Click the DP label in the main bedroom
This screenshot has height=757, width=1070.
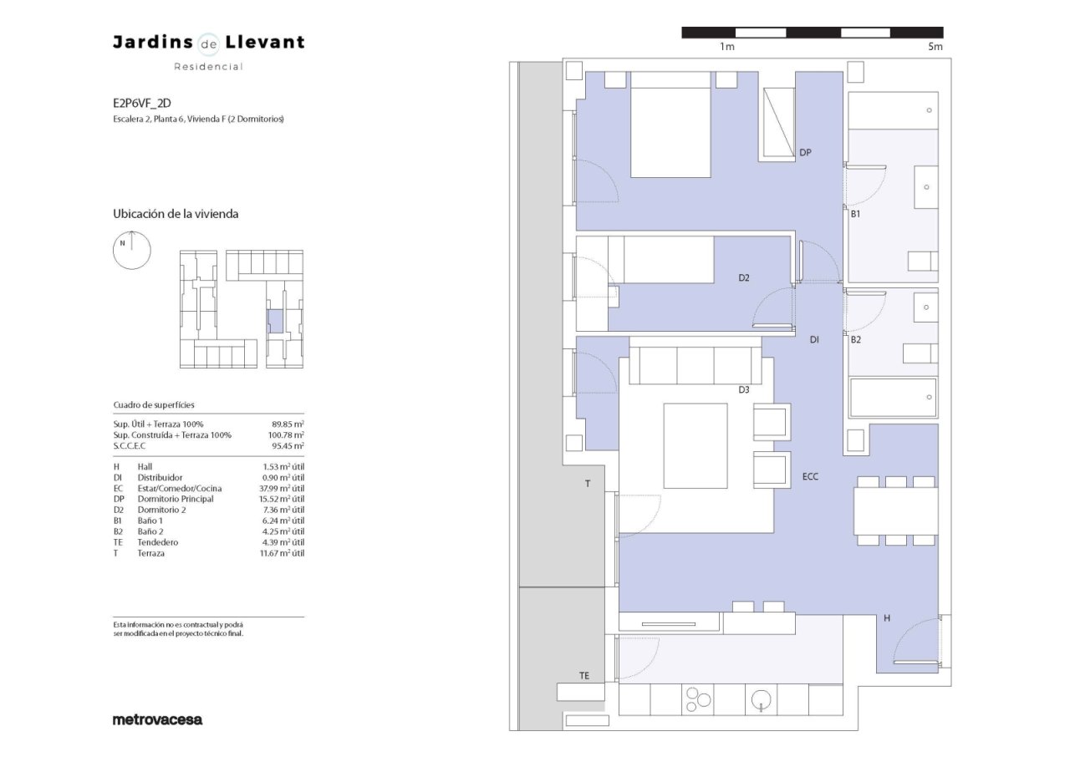[805, 153]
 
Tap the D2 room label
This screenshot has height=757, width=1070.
[744, 277]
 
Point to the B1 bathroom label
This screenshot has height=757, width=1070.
[855, 214]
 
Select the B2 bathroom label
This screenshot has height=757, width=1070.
[855, 340]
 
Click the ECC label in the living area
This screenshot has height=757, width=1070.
[810, 476]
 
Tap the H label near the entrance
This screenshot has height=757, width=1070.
[887, 618]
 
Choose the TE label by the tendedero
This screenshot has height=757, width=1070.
[584, 675]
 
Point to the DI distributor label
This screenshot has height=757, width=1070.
[814, 340]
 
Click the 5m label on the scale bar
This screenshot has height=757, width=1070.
[935, 47]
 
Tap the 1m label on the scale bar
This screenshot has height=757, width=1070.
[727, 47]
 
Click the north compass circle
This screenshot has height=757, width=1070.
[132, 250]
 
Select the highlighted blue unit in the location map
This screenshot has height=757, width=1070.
[275, 321]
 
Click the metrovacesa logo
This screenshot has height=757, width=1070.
[158, 719]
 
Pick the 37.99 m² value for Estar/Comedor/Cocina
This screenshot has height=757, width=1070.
[282, 488]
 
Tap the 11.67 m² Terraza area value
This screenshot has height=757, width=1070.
[282, 553]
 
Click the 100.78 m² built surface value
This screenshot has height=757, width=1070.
[286, 434]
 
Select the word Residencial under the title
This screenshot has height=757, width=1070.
[209, 67]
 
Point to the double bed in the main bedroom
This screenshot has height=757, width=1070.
[670, 124]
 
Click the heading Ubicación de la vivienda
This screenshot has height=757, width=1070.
[176, 214]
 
